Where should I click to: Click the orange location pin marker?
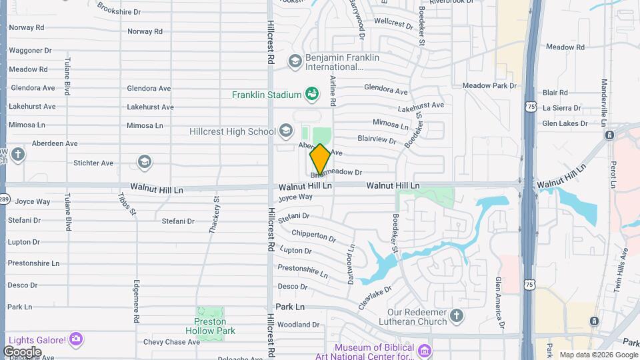click(320, 159)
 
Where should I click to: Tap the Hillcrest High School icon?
click(286, 130)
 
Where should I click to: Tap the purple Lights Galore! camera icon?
click(77, 339)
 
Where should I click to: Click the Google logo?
click(22, 351)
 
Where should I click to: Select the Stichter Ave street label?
click(93, 163)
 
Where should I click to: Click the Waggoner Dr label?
click(30, 51)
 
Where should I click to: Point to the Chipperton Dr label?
click(313, 235)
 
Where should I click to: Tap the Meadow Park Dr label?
click(490, 86)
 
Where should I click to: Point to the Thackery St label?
click(215, 215)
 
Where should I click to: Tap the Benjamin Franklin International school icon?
click(294, 61)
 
